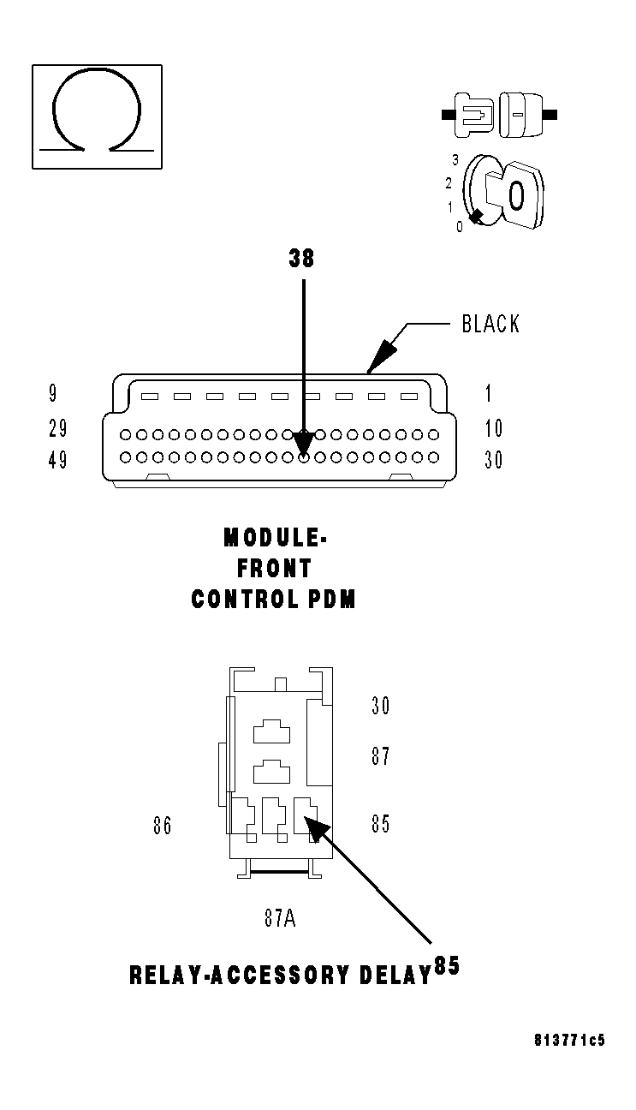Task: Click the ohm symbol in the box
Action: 96,114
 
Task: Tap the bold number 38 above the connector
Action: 301,259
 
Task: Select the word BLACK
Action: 490,324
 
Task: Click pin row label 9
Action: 53,394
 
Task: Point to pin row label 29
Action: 57,428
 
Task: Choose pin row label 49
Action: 57,461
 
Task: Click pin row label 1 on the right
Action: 489,394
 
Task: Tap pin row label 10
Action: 493,428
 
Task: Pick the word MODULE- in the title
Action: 275,538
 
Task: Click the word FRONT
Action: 275,568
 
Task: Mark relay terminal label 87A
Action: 280,919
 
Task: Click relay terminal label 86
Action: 162,826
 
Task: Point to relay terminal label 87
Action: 380,757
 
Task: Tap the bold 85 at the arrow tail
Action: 447,966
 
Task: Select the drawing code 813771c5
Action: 568,1041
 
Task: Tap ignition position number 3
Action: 456,160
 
